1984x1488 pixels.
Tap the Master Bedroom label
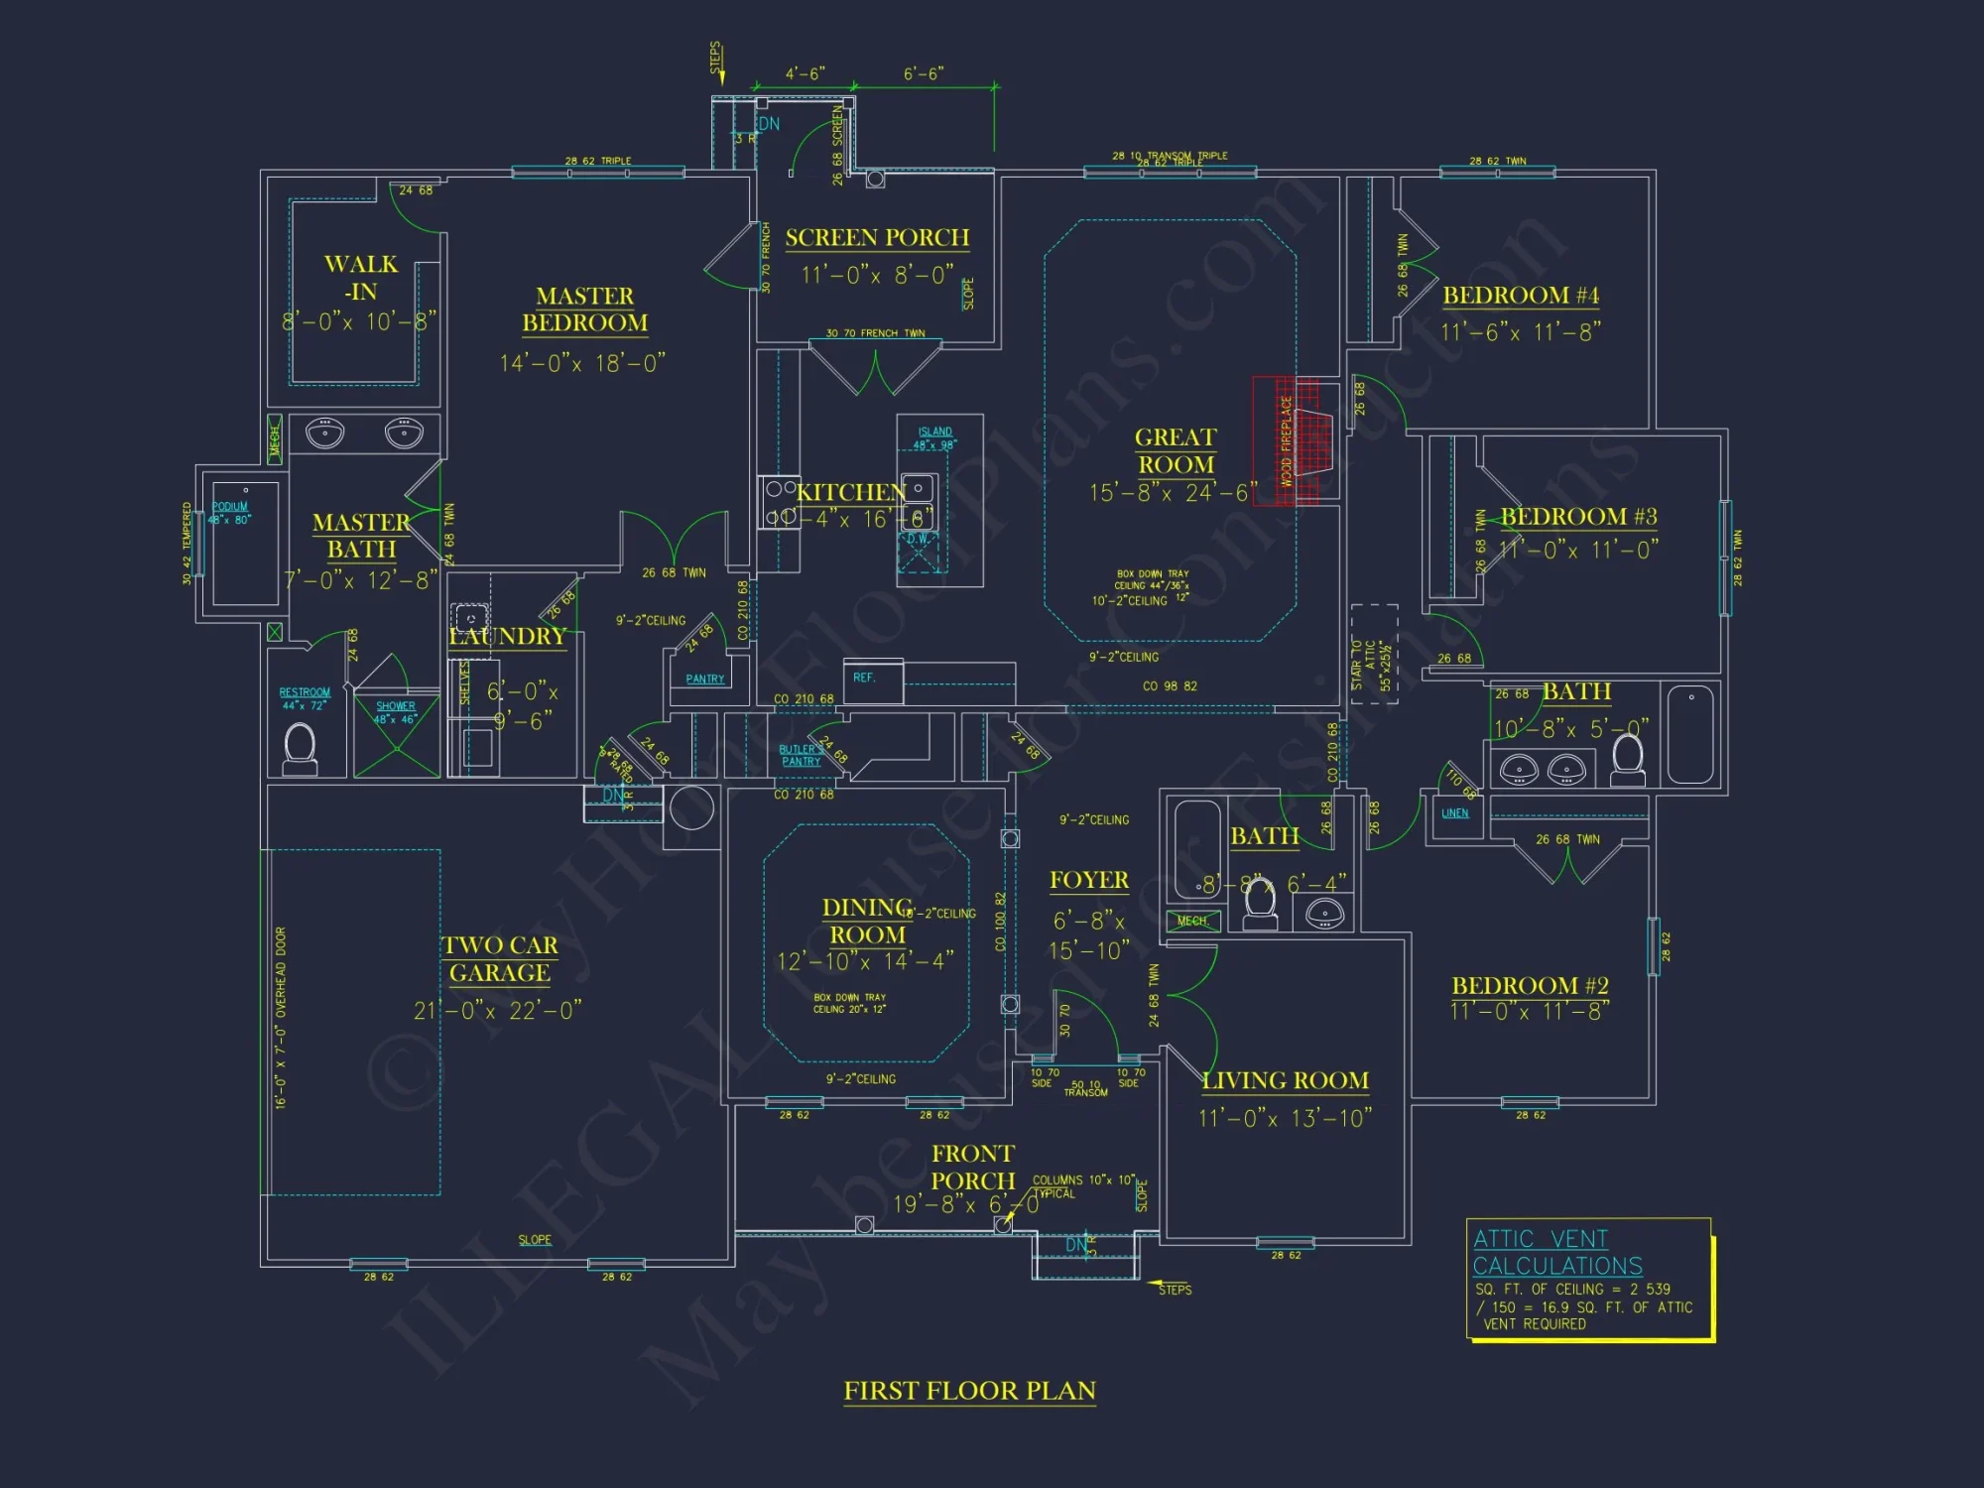(584, 310)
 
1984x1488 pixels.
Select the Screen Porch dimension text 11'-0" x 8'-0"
(877, 275)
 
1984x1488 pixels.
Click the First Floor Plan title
(969, 1391)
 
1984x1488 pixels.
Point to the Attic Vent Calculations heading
(1557, 1252)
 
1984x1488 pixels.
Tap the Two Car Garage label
(500, 959)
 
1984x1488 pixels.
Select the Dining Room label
(867, 921)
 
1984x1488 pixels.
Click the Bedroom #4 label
(1521, 296)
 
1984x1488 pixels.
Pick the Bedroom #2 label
(1530, 985)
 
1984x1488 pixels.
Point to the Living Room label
(1285, 1080)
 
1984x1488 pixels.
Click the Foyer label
(1089, 880)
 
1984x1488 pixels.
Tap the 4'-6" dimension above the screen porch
(805, 74)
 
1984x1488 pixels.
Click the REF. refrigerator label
(864, 678)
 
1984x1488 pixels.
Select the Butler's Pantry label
(801, 755)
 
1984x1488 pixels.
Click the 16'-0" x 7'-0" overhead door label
(281, 1018)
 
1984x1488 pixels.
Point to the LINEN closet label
(1455, 813)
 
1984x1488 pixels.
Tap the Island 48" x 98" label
(934, 438)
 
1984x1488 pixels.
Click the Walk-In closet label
(361, 278)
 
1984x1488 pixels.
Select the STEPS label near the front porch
(1175, 1290)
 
